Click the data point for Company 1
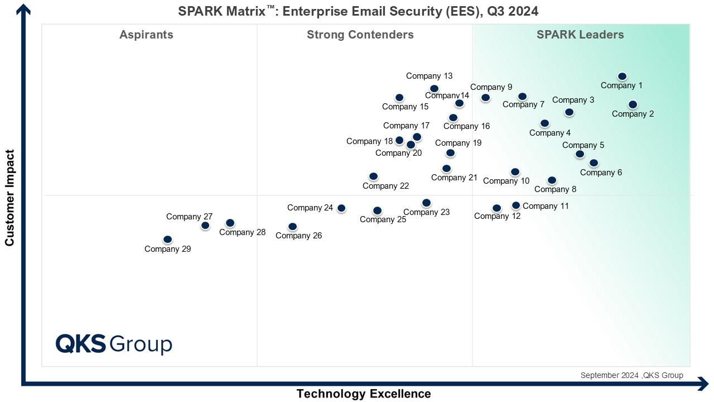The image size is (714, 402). (x=622, y=76)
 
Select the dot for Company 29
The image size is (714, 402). (x=167, y=240)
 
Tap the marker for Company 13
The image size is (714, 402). (x=434, y=89)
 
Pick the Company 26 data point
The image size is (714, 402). (x=292, y=227)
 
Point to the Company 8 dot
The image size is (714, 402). (x=552, y=180)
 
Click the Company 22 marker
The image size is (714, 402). (x=373, y=176)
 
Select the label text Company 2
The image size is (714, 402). (x=633, y=114)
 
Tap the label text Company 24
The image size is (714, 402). (x=310, y=208)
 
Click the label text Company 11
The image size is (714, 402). (x=546, y=206)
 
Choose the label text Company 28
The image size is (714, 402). (x=242, y=232)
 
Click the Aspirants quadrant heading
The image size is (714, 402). (x=146, y=35)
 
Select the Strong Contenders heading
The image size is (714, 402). (x=360, y=35)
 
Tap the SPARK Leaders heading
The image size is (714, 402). (x=580, y=35)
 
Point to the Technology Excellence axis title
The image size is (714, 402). (x=363, y=394)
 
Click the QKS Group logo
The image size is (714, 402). (x=114, y=344)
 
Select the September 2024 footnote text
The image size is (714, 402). (x=631, y=375)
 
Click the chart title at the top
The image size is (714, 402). (x=358, y=11)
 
